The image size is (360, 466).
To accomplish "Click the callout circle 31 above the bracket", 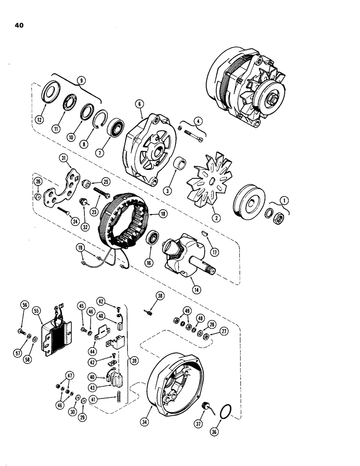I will tap(64, 159).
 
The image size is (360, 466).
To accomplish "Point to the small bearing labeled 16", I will tap(152, 239).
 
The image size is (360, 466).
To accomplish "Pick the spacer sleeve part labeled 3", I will tap(180, 165).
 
